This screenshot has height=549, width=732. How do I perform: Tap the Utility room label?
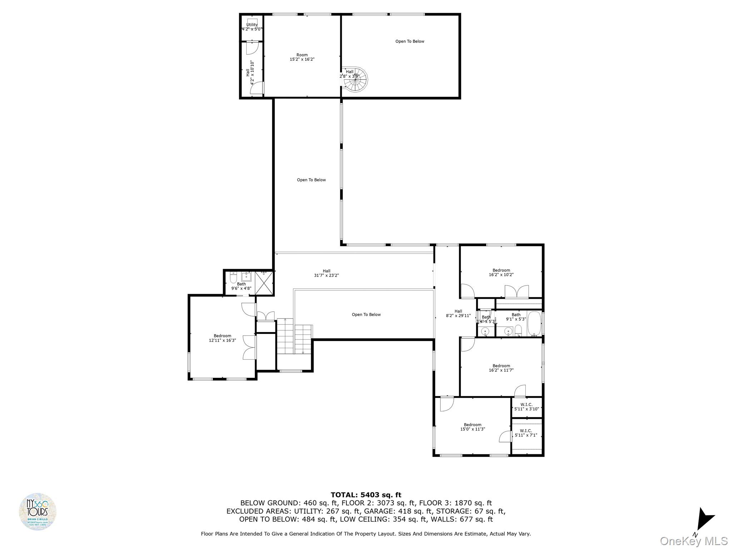click(252, 27)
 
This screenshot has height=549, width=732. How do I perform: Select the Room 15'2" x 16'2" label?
click(302, 57)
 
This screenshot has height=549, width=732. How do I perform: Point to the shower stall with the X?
click(264, 283)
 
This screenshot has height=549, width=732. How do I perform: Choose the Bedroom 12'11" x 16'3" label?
click(222, 338)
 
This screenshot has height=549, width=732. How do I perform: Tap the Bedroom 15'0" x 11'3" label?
click(473, 427)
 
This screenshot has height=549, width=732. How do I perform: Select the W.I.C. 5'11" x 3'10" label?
click(526, 407)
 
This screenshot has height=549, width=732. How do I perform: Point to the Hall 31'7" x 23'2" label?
click(326, 273)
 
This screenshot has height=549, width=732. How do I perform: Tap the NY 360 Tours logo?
click(38, 511)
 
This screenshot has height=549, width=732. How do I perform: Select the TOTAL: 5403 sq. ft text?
click(366, 495)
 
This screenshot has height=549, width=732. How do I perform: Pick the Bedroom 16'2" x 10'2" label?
click(501, 272)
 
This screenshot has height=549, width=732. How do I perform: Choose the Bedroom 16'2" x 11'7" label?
click(501, 368)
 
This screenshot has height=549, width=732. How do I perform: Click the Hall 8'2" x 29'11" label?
click(458, 313)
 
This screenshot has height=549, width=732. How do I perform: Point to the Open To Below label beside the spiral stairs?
click(410, 41)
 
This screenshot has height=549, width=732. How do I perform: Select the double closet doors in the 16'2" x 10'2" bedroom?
click(516, 291)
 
